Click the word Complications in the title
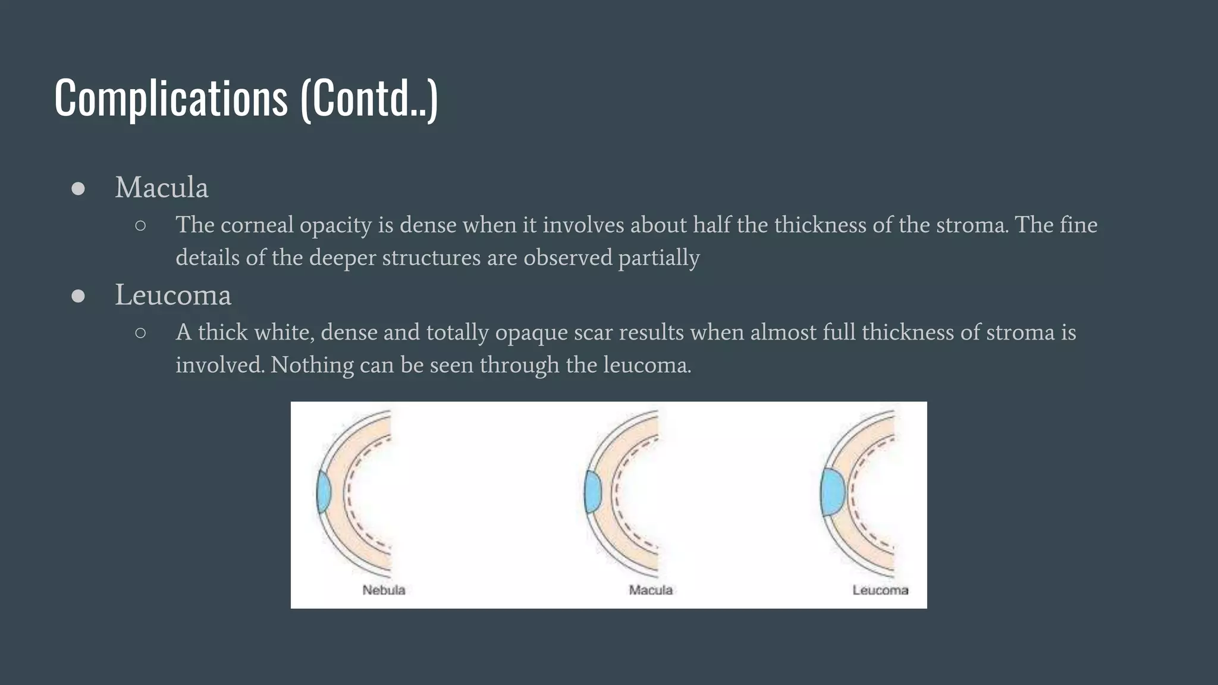click(x=171, y=98)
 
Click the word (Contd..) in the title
click(x=369, y=98)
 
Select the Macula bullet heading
click(x=161, y=188)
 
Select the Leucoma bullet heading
click(x=172, y=296)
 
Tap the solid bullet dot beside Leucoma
click(x=78, y=296)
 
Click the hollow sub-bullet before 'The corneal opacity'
click(x=140, y=225)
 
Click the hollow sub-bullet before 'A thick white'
click(x=140, y=333)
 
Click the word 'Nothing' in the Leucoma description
click(x=312, y=365)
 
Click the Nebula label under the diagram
click(x=384, y=590)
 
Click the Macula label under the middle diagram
click(x=651, y=590)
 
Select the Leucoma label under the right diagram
click(x=880, y=590)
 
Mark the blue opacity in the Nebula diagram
click(x=324, y=492)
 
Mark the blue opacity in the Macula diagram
click(x=593, y=492)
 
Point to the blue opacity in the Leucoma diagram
click(x=832, y=492)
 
